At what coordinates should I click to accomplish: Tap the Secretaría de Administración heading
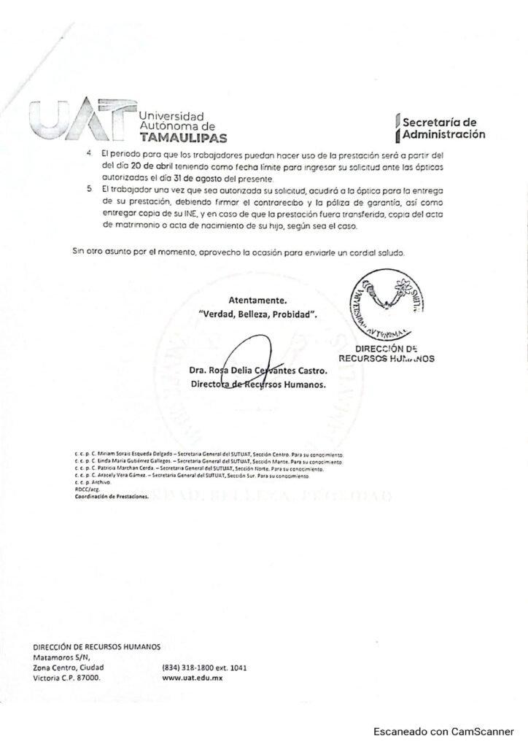click(x=439, y=128)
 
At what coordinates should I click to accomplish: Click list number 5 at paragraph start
click(x=90, y=189)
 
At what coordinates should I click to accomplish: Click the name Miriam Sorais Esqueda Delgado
click(x=125, y=454)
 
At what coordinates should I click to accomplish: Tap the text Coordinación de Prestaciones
click(x=111, y=496)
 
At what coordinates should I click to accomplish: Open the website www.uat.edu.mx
click(x=191, y=678)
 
